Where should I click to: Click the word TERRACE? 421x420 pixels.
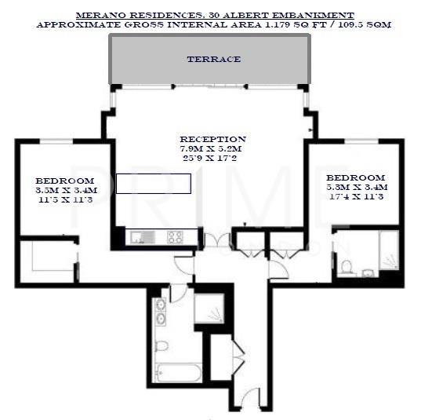213,59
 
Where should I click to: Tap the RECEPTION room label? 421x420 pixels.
212,139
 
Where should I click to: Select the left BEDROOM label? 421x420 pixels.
65,181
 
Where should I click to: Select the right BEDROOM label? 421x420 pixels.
355,177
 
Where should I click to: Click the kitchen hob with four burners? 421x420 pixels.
175,236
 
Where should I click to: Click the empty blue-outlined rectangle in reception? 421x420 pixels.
153,184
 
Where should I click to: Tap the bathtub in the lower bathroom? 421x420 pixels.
177,372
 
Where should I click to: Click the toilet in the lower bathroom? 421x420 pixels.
162,345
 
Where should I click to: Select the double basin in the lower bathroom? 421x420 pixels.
161,312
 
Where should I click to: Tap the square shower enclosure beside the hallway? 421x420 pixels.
209,308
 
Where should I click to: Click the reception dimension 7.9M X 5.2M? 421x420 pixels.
212,148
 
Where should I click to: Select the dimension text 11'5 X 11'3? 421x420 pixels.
65,199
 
